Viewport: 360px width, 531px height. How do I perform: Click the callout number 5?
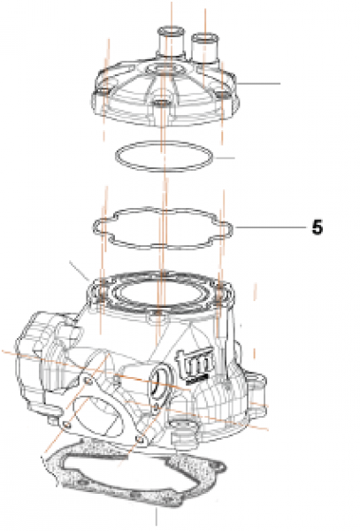317,227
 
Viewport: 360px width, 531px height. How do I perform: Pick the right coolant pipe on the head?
205,44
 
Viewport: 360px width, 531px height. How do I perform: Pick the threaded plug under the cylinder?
185,430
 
